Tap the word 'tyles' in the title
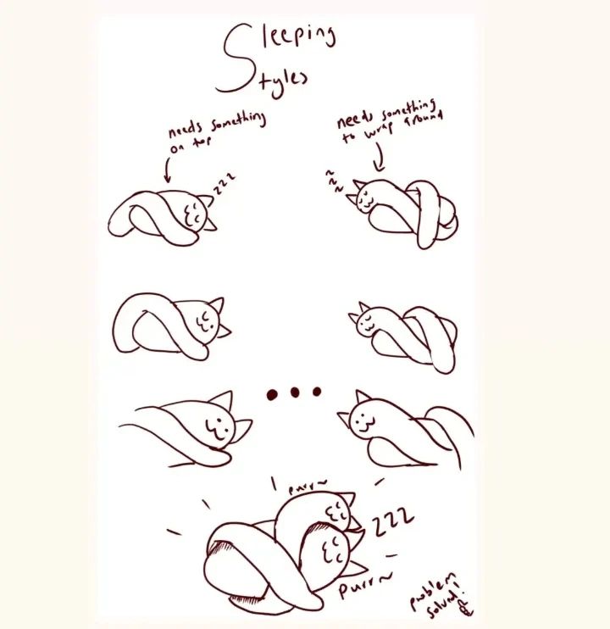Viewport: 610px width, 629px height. coord(283,81)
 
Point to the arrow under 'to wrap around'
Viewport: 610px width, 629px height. coord(380,158)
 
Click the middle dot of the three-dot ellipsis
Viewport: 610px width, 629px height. coord(295,392)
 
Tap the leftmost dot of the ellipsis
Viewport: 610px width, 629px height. coord(272,394)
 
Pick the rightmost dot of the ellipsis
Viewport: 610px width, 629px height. coord(317,391)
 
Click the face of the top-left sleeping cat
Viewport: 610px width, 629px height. coord(193,214)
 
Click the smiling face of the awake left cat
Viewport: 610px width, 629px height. coord(216,428)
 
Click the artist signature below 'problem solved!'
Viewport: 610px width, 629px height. coord(466,609)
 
